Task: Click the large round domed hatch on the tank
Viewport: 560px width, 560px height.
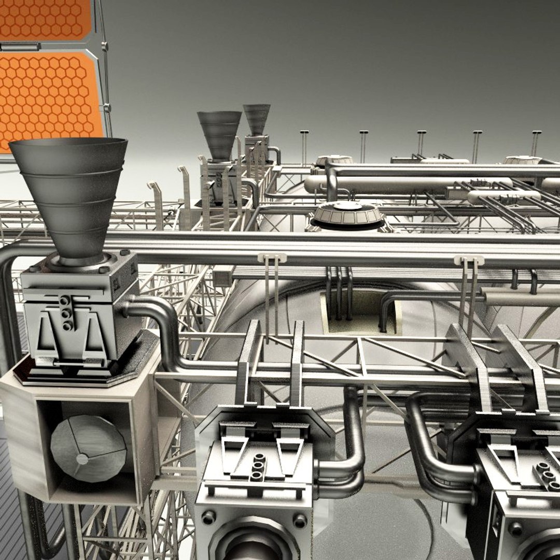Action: (348, 214)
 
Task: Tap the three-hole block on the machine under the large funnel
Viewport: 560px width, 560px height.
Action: (66, 313)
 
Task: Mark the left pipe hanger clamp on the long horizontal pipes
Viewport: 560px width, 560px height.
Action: (272, 258)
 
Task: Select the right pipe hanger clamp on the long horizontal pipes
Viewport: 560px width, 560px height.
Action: (469, 260)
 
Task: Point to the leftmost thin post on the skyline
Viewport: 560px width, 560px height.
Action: (304, 145)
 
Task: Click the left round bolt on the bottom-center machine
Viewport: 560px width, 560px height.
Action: (209, 517)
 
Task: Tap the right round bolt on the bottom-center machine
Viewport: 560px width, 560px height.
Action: (300, 520)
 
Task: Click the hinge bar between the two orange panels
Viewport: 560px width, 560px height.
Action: (21, 46)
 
